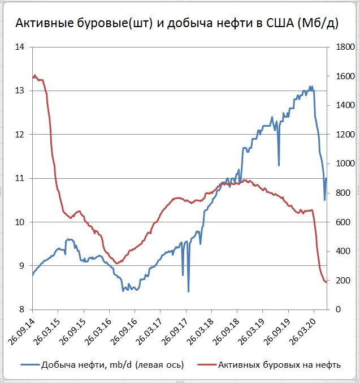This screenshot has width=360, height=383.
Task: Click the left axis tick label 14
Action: tap(20, 47)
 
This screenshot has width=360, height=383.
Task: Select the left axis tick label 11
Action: tap(20, 178)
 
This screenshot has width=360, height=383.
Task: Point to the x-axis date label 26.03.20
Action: tap(305, 330)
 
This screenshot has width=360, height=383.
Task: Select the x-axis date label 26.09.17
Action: tap(176, 330)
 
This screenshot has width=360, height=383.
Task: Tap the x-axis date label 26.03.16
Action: tap(99, 330)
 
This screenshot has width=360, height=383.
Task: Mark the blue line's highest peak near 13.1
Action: tap(310, 87)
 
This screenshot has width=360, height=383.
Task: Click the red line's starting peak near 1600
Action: tap(34, 75)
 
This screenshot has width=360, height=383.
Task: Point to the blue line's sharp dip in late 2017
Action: tap(188, 291)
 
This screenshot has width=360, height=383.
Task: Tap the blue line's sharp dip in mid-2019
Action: tap(279, 165)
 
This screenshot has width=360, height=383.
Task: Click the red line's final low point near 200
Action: tap(326, 282)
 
